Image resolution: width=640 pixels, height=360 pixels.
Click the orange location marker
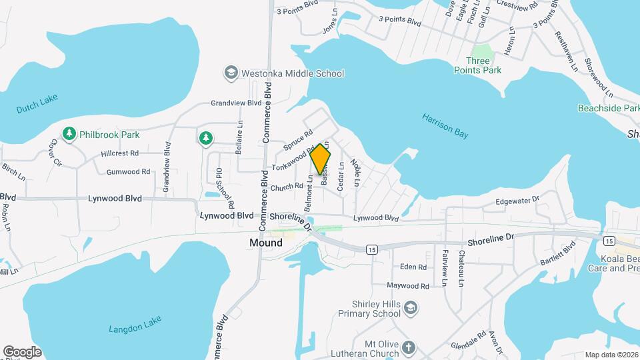coord(321,159)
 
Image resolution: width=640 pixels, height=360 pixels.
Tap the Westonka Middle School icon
coord(231,73)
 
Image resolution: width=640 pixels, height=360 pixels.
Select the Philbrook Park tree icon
coord(69,134)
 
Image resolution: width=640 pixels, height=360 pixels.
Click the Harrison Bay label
coord(445,125)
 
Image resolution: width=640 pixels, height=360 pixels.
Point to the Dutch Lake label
coord(37,103)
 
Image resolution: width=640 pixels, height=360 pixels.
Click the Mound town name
coord(265,243)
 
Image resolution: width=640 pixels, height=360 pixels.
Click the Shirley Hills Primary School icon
coord(411,308)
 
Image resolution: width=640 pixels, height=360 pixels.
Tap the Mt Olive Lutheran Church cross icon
coord(409,347)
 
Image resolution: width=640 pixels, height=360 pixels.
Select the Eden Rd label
coord(413,267)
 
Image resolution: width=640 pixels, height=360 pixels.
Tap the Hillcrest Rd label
coord(120,153)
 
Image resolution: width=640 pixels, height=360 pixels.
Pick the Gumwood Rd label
coord(128,171)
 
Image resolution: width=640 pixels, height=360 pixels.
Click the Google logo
coord(22,351)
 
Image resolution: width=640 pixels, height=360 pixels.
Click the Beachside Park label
coord(608,108)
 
